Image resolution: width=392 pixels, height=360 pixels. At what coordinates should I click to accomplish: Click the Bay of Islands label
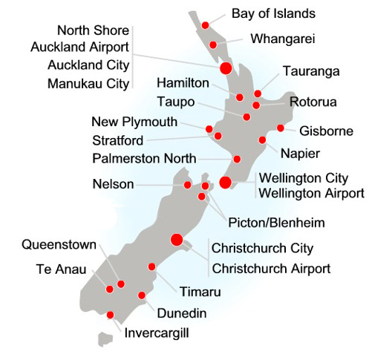pos(273,13)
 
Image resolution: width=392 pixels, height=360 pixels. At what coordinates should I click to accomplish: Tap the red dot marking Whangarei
pos(213,45)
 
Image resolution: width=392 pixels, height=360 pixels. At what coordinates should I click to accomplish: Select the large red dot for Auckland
pos(226,68)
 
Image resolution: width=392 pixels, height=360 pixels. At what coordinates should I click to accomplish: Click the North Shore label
pos(93,30)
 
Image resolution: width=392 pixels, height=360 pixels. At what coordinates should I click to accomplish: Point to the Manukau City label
pos(88,83)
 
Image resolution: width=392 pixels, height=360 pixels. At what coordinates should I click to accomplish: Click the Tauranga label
pos(311,71)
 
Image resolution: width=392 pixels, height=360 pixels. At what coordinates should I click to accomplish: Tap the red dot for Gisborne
pos(280,128)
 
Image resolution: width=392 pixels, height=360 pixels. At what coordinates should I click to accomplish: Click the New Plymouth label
pos(134,121)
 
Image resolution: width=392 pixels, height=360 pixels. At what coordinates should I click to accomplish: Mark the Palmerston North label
pos(145,158)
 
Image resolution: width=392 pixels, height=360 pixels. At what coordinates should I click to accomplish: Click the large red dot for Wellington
pos(225,183)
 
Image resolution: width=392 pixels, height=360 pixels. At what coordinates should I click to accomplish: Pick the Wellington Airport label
pos(310,193)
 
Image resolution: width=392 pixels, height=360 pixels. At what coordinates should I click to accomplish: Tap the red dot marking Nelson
pos(188,185)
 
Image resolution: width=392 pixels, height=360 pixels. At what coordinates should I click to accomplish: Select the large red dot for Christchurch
pos(177,239)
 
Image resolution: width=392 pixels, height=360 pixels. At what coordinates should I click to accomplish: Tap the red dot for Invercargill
pos(111,315)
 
